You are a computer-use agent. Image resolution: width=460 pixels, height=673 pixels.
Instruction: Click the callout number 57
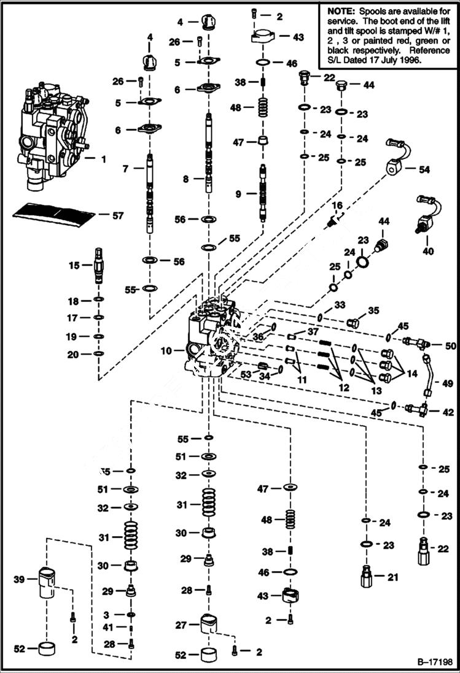click(118, 215)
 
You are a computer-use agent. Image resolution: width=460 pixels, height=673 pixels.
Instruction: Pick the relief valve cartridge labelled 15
click(98, 264)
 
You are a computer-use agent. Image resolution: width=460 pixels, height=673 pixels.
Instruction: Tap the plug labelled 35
click(354, 323)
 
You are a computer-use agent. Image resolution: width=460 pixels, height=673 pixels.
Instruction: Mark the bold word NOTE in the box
click(340, 11)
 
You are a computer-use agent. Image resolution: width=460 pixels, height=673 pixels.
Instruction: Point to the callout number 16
click(337, 205)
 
